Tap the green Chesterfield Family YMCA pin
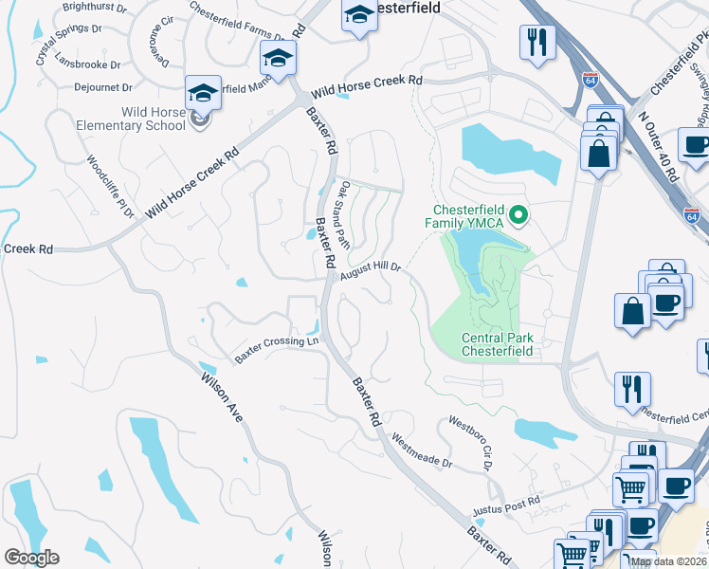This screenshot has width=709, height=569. point(518,216)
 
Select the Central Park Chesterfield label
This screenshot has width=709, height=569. point(497,344)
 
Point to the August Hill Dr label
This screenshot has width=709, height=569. point(371,269)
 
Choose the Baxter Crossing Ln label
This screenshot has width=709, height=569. point(277,348)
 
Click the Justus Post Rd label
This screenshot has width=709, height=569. point(507,505)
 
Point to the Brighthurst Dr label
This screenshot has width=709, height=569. point(94,7)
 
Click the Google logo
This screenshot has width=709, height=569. point(31,558)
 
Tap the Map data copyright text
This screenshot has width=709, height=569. point(669,561)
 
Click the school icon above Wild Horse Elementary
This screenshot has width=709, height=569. point(203,93)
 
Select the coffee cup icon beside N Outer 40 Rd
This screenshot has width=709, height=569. point(694,146)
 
